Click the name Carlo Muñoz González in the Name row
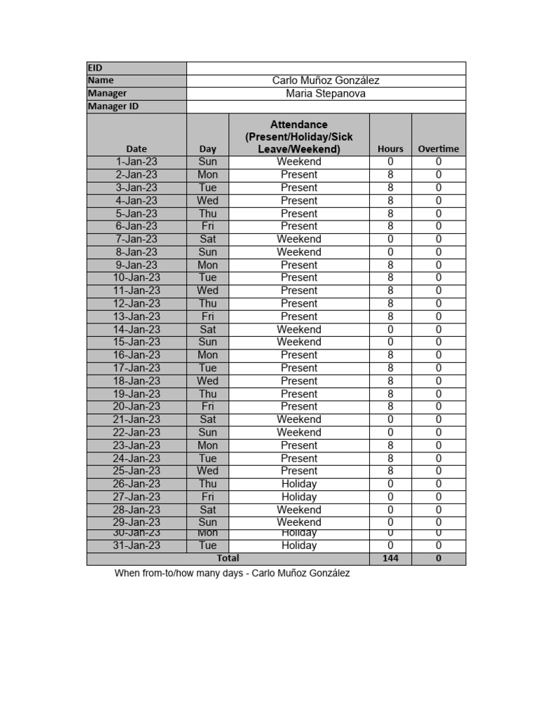(x=326, y=81)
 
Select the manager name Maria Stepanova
(x=326, y=93)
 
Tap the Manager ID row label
(x=113, y=106)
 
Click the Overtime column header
(x=439, y=148)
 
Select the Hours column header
(x=390, y=148)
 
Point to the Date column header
(x=137, y=148)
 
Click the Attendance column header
(x=299, y=137)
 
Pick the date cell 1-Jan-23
(x=137, y=162)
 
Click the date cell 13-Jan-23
(x=137, y=316)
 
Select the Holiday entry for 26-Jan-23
(x=299, y=484)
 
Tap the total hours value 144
(x=390, y=559)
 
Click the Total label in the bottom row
(x=228, y=559)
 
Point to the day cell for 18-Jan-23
(x=207, y=381)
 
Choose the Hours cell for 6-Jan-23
(x=390, y=226)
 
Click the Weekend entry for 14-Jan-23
(x=299, y=329)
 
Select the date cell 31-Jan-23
(x=137, y=545)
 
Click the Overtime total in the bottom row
(x=439, y=559)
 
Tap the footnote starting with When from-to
(x=232, y=573)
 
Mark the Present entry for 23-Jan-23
(x=299, y=445)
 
